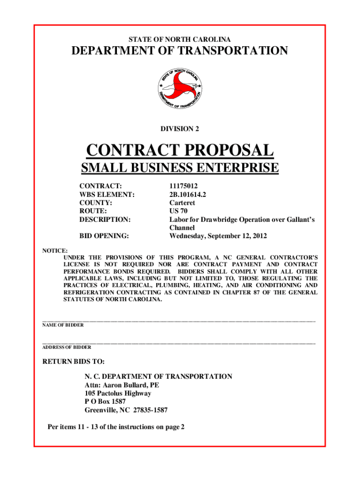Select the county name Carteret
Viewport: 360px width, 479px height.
[182, 203]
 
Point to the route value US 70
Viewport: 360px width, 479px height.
[179, 211]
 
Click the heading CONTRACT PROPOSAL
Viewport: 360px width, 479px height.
[180, 151]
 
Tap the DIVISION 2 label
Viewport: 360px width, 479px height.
[180, 128]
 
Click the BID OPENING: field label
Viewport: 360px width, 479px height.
[104, 236]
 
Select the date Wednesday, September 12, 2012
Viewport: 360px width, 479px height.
[218, 236]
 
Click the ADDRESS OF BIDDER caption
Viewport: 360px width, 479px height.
[67, 348]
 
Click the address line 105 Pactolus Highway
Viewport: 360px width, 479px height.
[118, 393]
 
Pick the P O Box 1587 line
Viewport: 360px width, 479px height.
[105, 402]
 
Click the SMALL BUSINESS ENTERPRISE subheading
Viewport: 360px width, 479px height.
[180, 167]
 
